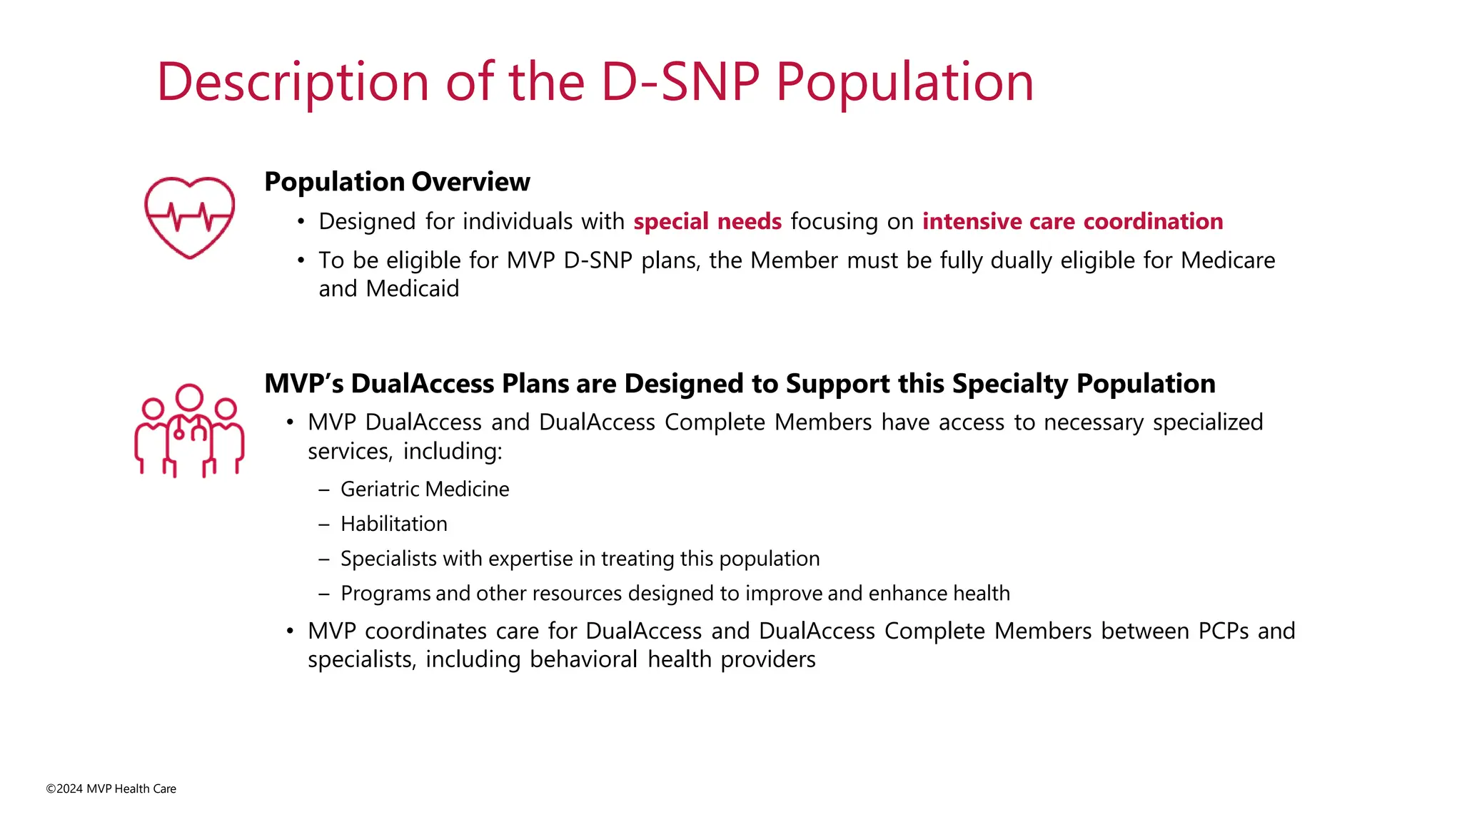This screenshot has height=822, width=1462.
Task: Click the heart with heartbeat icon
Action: (x=189, y=217)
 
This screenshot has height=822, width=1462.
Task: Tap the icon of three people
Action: (x=189, y=431)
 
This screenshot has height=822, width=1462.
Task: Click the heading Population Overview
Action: (x=397, y=182)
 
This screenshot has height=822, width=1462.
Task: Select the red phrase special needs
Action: (x=707, y=221)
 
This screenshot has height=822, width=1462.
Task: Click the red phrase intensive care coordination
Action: (x=1072, y=221)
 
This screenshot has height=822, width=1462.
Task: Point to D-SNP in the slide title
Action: (x=680, y=82)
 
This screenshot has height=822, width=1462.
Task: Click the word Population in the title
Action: (x=904, y=82)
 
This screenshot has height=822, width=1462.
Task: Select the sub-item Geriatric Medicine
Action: (x=425, y=489)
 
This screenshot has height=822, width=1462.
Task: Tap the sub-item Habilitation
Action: (x=394, y=524)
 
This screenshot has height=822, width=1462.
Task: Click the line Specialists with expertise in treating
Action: (x=580, y=558)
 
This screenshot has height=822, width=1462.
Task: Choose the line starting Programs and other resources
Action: (x=675, y=593)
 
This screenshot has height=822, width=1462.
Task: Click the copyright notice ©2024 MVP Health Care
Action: (x=111, y=788)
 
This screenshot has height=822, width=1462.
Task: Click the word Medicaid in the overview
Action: (x=412, y=288)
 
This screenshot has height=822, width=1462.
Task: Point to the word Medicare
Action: (x=1227, y=260)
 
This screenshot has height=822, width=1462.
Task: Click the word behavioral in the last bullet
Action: (x=583, y=659)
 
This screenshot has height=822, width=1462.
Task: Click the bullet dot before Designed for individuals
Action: (x=301, y=222)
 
